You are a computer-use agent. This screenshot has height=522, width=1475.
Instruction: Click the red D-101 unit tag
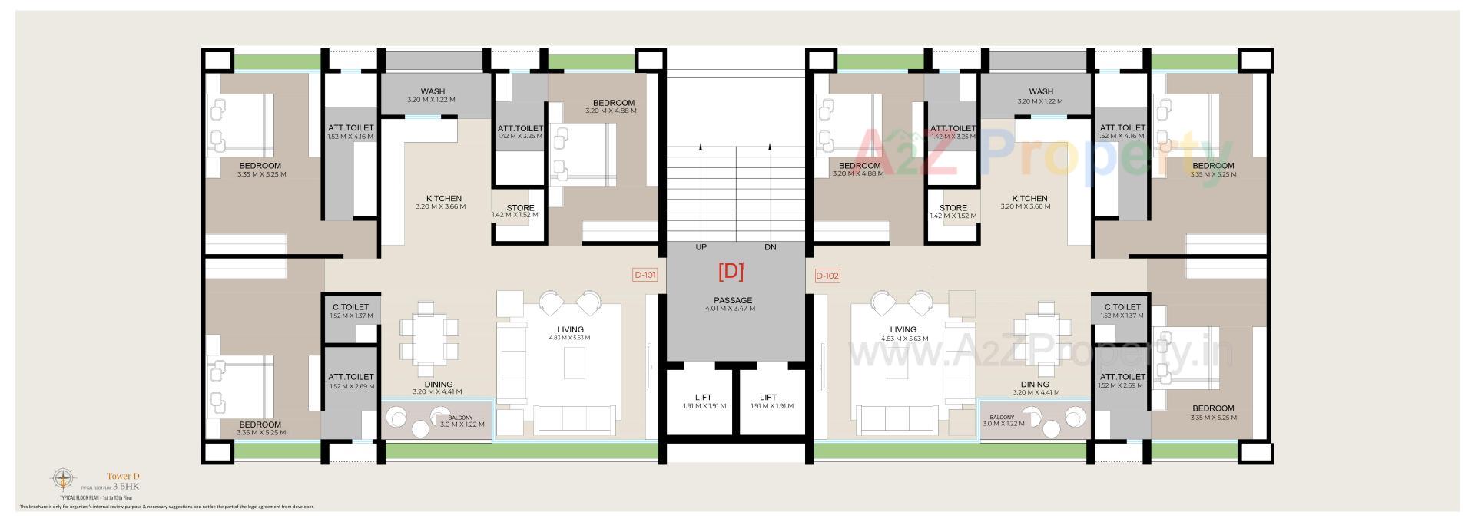click(x=645, y=276)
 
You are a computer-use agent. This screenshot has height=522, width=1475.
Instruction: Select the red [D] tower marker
click(x=731, y=271)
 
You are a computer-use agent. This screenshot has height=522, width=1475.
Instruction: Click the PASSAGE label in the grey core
click(x=733, y=300)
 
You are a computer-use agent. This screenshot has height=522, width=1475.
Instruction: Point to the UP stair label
click(x=701, y=247)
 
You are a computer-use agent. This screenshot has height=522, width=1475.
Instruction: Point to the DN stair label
click(x=771, y=247)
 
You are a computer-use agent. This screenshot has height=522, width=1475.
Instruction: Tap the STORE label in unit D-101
click(x=520, y=208)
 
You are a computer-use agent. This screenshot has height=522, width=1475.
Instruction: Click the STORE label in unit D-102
click(x=953, y=208)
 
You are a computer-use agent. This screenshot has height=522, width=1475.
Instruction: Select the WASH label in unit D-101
click(x=433, y=92)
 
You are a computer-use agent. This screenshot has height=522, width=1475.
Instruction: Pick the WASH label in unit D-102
click(x=1041, y=92)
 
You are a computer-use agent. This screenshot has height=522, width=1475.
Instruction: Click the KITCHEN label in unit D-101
click(x=444, y=199)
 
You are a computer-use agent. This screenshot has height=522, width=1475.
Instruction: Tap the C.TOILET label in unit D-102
click(x=1122, y=307)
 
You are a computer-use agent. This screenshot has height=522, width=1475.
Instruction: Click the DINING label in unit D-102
click(x=1035, y=385)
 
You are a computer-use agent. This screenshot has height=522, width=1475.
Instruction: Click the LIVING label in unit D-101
click(x=570, y=330)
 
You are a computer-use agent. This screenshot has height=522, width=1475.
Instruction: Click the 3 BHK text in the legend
click(x=126, y=487)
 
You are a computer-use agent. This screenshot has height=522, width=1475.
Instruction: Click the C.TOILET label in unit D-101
click(x=351, y=307)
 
